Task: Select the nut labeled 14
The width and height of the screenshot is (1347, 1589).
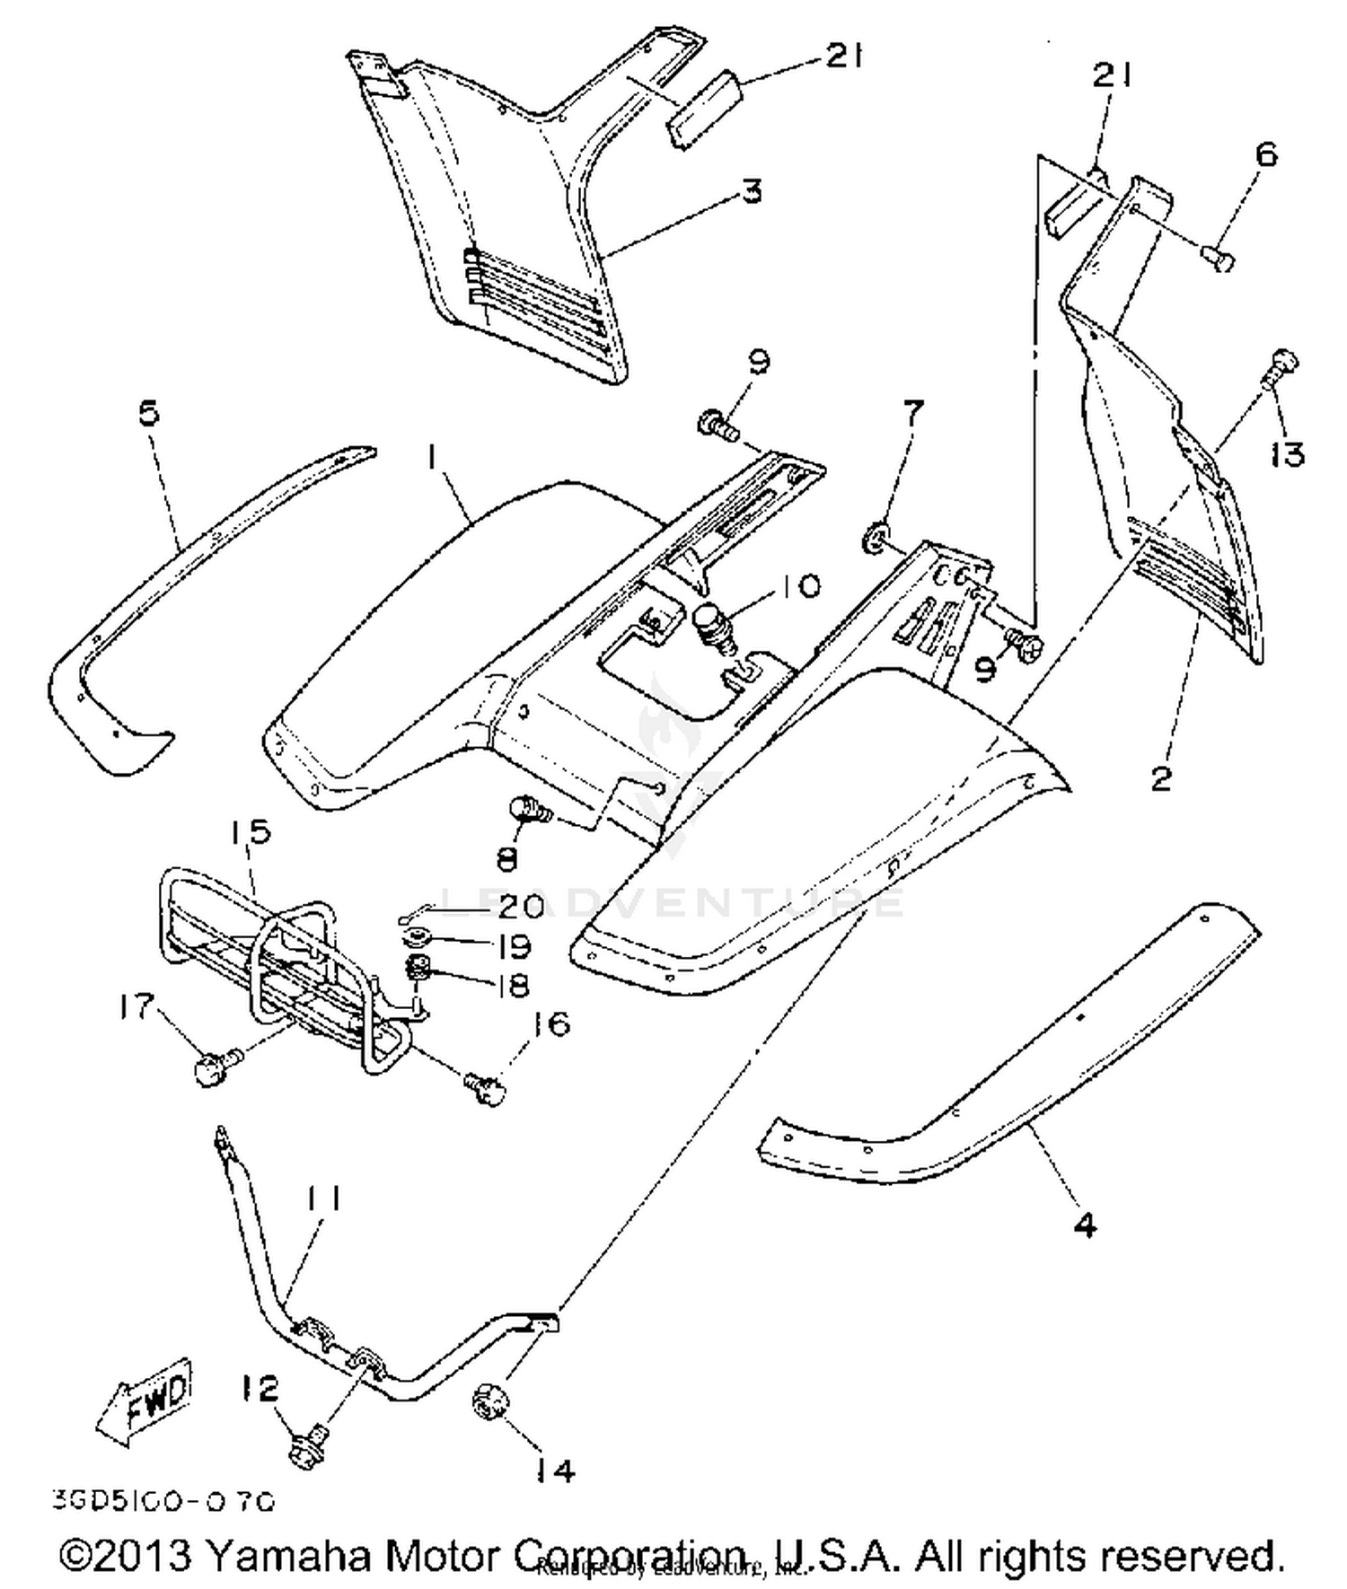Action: coord(489,1402)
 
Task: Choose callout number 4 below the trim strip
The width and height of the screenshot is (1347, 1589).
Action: coord(1085,1225)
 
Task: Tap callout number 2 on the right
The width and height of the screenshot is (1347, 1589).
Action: coord(1160,778)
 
